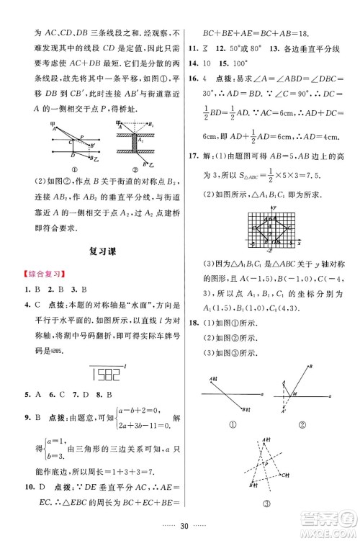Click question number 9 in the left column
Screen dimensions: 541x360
(27, 419)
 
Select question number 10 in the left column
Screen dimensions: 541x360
(30, 487)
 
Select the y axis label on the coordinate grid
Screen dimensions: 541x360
(275, 208)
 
